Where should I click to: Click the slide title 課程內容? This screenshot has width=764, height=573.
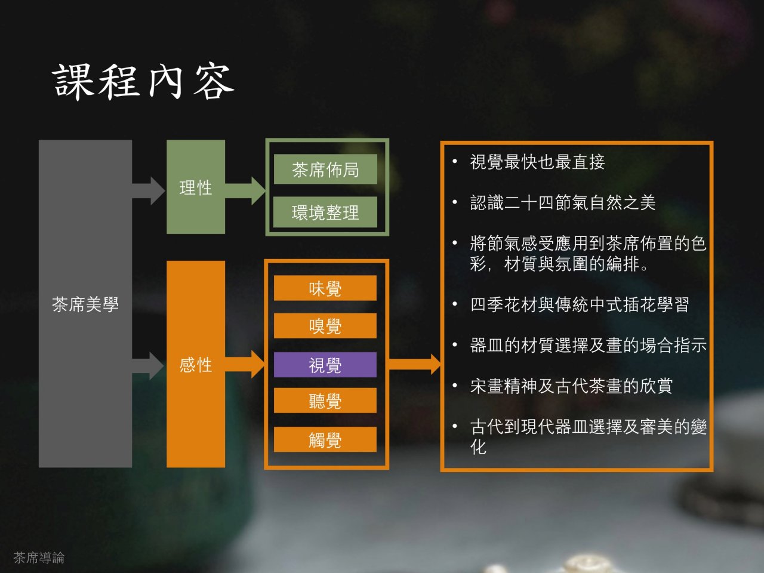coord(143,82)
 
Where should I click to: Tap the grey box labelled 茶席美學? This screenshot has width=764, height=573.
coord(85,304)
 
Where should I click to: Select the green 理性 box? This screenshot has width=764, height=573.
coord(195,187)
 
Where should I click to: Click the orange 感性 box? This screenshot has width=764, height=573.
coord(195,364)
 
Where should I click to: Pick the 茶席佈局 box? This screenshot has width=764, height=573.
coord(325,170)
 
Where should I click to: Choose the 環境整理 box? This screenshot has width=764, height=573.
coord(325,212)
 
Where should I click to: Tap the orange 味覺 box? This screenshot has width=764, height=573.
coord(325,288)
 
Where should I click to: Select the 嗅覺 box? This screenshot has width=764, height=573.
coord(325,326)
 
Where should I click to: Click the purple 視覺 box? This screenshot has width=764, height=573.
coord(325,365)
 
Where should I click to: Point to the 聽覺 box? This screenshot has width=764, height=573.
coord(325,401)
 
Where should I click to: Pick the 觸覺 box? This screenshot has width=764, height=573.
coord(325,439)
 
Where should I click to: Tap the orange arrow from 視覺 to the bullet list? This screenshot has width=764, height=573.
coord(415,363)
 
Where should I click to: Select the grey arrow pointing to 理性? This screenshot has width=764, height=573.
coord(149,191)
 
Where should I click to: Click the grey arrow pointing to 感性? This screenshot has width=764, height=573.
coord(149,365)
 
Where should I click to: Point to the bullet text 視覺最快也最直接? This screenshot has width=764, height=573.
coord(537,162)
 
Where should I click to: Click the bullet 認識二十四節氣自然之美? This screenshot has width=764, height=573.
coord(562,203)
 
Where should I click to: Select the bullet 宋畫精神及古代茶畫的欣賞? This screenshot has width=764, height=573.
coord(571,386)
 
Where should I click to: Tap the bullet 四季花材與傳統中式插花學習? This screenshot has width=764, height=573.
coord(579,305)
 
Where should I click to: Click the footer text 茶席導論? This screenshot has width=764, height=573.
coord(39,557)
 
